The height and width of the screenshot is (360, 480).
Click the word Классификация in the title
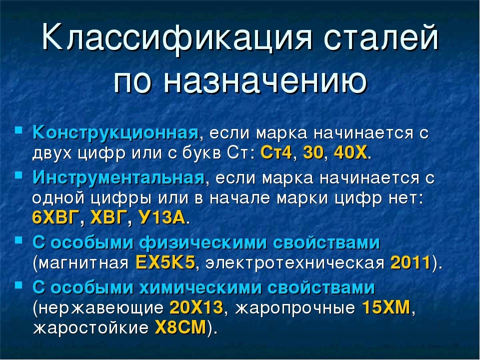pos(177,38)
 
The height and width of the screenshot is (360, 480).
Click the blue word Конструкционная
pos(115,133)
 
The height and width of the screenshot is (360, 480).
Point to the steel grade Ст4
pos(276,152)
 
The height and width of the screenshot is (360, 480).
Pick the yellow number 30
pos(313,152)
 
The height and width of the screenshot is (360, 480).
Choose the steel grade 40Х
pos(350,152)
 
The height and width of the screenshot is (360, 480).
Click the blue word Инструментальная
pos(118,178)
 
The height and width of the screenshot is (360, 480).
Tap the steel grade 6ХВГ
pos(55,217)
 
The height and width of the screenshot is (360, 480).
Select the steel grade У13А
pos(162,217)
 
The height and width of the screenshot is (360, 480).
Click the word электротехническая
pos(295,263)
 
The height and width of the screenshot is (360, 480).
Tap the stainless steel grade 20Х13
pos(196,307)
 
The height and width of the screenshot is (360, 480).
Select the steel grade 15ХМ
pos(386,307)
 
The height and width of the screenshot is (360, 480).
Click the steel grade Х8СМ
pos(180,327)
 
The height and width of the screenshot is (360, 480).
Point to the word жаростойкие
pos(90,328)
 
